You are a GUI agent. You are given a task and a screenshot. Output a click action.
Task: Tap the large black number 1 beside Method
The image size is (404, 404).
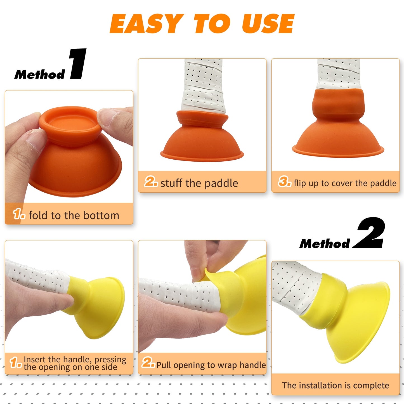(x=78, y=64)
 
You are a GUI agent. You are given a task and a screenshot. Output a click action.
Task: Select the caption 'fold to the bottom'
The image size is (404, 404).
(x=74, y=216)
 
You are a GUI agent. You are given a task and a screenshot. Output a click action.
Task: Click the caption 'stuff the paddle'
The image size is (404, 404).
(x=199, y=183)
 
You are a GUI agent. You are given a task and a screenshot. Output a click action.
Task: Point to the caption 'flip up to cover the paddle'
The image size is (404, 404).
(x=345, y=183)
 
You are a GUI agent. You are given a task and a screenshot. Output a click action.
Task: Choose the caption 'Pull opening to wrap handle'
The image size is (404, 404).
(x=211, y=365)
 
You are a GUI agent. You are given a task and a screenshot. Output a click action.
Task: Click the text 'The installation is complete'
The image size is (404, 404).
(x=336, y=385)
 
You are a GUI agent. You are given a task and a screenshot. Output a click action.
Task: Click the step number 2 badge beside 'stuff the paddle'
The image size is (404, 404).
(x=151, y=182)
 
